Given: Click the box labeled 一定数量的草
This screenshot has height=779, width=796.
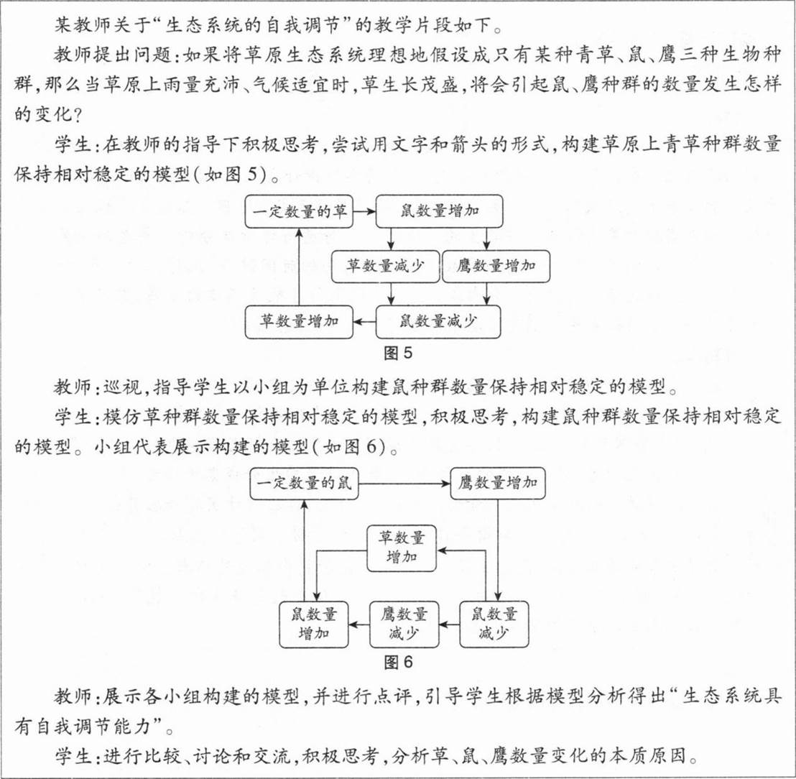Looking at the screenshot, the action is pos(299,211).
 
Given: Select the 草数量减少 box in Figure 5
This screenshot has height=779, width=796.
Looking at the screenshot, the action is pos(385,267).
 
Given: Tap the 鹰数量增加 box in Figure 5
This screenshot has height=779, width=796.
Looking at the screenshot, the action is pos(496,267).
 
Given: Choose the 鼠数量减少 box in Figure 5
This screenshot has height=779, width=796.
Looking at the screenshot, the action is pos(438,322).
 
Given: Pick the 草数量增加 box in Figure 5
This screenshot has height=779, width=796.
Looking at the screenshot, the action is pos(299,322).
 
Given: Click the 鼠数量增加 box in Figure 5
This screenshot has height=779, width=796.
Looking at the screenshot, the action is pos(439,211).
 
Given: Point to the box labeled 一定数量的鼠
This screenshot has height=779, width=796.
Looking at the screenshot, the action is pos(304,484).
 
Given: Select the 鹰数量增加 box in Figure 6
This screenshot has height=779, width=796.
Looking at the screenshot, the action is pos(498,484).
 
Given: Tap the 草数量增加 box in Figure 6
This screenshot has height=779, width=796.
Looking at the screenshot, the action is pos(402,548).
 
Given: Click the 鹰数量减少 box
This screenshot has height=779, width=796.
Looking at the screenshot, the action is pos(404,624).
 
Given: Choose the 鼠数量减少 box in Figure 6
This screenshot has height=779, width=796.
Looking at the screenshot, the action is pos(494,624).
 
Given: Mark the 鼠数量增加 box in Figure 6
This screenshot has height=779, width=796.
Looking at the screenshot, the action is pos(314,624).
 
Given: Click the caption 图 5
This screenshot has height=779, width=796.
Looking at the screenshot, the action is pos(398,354).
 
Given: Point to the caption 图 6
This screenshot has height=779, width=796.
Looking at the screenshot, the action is pos(399,662).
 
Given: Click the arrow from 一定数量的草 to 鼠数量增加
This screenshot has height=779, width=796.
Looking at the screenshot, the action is pos(364,211).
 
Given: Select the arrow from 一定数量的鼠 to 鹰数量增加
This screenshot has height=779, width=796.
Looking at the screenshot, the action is pos(404,484).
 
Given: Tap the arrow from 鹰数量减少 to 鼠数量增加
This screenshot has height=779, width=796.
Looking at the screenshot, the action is pos(359,624).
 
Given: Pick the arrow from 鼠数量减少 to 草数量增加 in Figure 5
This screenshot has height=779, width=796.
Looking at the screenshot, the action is pos(364,322).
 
